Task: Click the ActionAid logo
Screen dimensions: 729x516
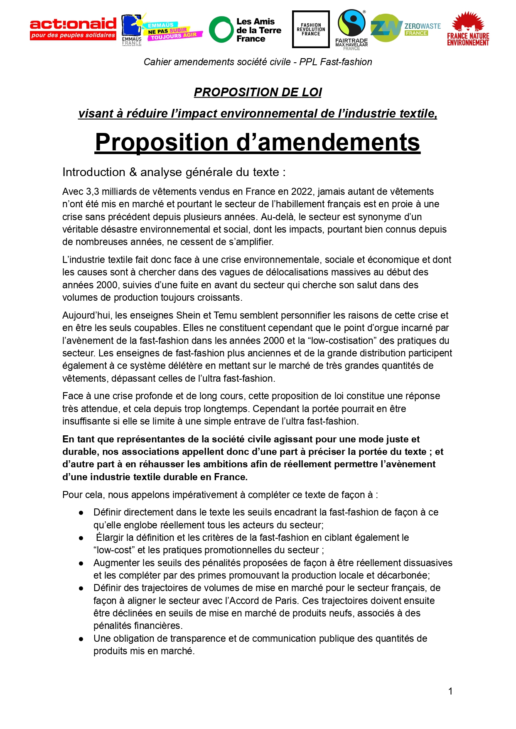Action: coord(73,29)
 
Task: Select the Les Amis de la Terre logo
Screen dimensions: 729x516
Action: coord(245,30)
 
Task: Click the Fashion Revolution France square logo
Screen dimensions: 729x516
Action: coord(311,29)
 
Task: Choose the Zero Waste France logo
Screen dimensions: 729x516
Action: coord(405,28)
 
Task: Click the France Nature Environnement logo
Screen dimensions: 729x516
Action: coord(468,29)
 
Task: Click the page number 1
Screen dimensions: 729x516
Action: coord(450,691)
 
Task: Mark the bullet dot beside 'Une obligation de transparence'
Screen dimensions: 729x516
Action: coord(81,639)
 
